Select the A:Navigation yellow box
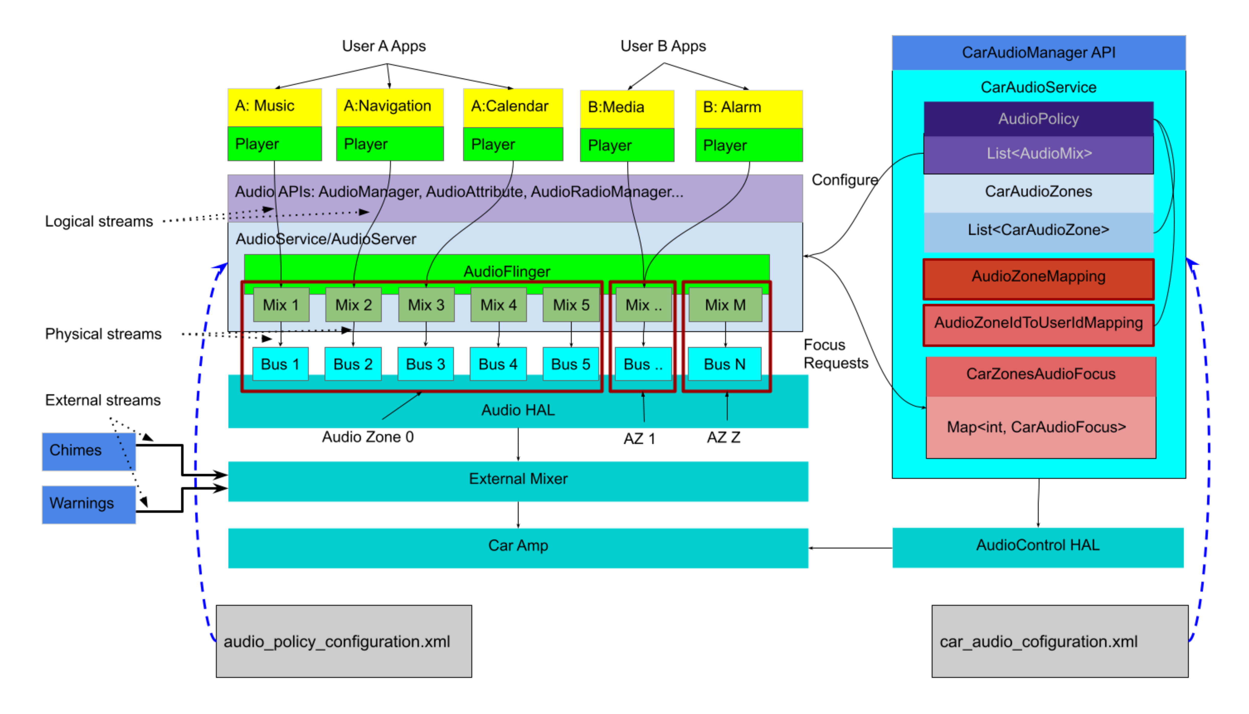point(389,106)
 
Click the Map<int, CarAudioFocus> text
point(1036,427)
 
